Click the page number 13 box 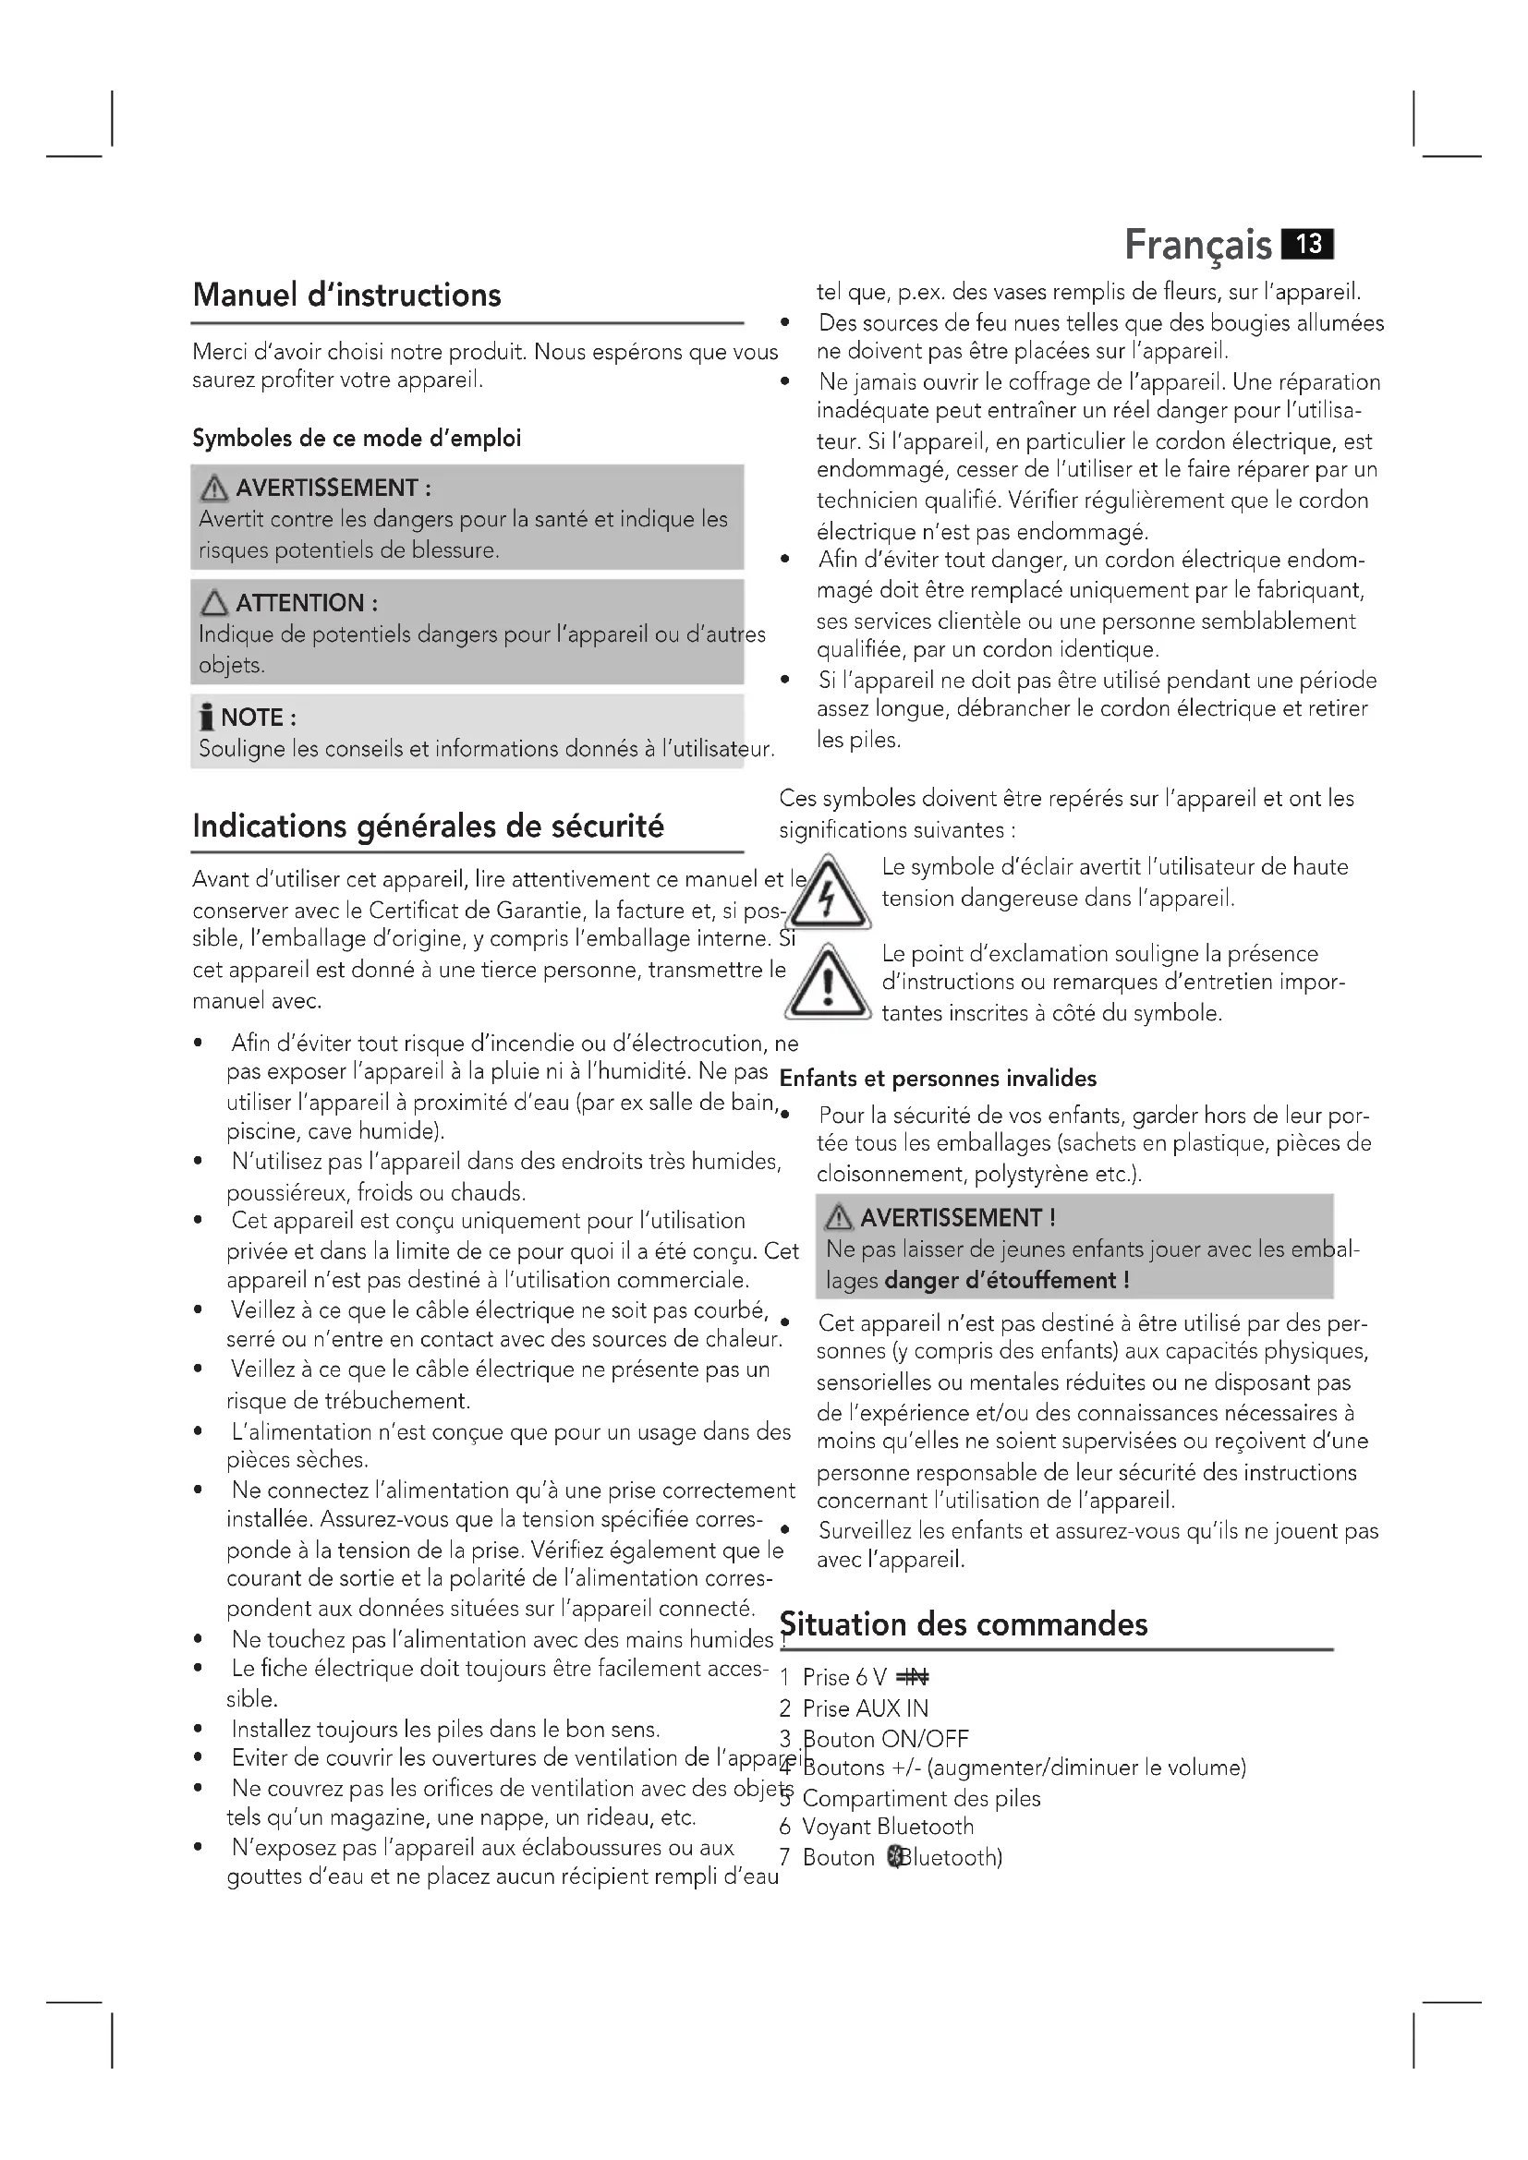(x=1308, y=245)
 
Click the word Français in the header (x=1198, y=246)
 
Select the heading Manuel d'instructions (x=346, y=296)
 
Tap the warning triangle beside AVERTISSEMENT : (x=214, y=489)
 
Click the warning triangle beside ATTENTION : (x=214, y=603)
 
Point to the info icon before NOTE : (x=207, y=718)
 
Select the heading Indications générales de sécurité (x=428, y=826)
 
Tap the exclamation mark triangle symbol (x=828, y=984)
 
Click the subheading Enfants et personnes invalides (x=938, y=1078)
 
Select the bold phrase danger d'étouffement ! (x=1007, y=1280)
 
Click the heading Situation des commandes (x=964, y=1624)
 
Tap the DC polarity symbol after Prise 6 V (x=913, y=1677)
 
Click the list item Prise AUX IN (x=865, y=1708)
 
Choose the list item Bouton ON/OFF (x=885, y=1739)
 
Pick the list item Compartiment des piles (x=921, y=1799)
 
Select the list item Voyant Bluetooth (x=887, y=1827)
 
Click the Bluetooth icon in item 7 (x=895, y=1858)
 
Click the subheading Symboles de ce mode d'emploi (x=357, y=439)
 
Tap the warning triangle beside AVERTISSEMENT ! (x=838, y=1218)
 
